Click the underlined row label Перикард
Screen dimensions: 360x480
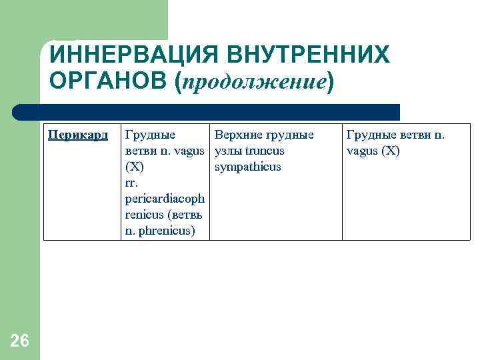point(78,135)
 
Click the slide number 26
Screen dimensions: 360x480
point(20,341)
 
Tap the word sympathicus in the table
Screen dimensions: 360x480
point(248,167)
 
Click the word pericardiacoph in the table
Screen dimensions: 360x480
point(165,199)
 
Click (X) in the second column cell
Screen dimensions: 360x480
point(135,167)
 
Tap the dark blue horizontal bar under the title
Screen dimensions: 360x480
point(207,112)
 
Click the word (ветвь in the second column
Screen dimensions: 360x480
point(186,215)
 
